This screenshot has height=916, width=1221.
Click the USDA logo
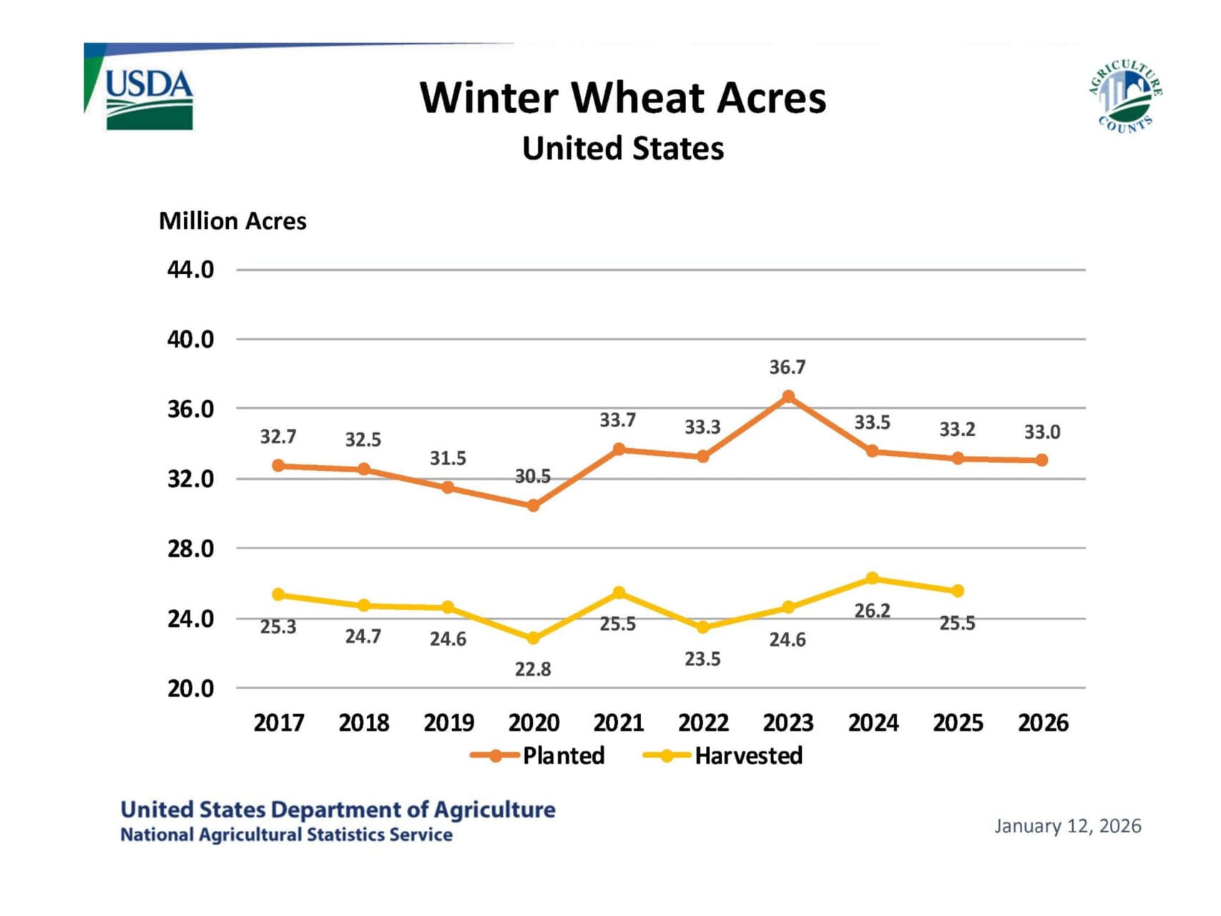click(x=149, y=98)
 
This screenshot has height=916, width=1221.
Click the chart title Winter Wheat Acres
click(x=622, y=97)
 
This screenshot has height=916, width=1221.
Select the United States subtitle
click(x=622, y=149)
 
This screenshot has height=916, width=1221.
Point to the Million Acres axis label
click(x=232, y=221)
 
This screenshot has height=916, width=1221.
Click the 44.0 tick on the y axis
click(x=190, y=270)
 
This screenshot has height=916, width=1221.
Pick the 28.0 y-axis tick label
click(x=190, y=549)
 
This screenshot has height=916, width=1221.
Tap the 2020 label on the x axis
click(x=534, y=723)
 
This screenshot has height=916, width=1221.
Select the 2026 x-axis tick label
click(x=1043, y=723)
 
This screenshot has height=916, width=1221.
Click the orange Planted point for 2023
click(x=788, y=396)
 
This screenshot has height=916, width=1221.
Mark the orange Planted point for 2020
click(x=533, y=505)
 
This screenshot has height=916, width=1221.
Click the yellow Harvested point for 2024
click(x=873, y=578)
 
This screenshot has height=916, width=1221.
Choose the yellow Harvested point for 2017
click(x=278, y=595)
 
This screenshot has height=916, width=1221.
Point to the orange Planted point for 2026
click(x=1042, y=460)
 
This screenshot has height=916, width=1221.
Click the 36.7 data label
click(x=788, y=367)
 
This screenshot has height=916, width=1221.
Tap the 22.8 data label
click(x=533, y=669)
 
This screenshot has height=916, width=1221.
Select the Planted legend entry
click(x=539, y=756)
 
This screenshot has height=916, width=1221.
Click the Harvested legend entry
click(x=724, y=756)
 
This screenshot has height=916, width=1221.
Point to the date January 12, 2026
click(x=1067, y=826)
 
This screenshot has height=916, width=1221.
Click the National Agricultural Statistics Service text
click(x=286, y=834)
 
